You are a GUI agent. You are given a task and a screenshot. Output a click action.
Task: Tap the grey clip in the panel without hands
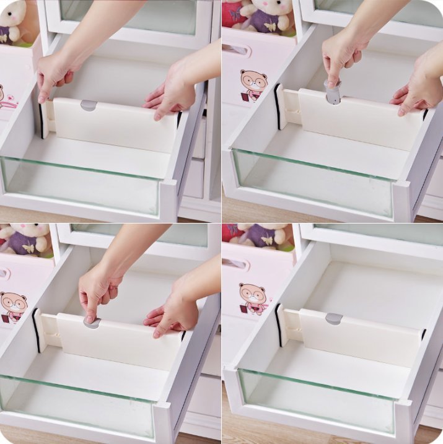pos(334,318)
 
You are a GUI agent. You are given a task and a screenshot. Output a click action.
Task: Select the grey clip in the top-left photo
pos(89,105)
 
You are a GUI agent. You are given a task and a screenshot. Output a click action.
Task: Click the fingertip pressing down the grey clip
pos(90,318)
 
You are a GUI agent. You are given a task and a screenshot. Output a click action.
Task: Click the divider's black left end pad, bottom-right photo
pos(278,325)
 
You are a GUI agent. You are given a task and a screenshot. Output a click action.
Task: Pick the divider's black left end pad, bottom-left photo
pos(36,330)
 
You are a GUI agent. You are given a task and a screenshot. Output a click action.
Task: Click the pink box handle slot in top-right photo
pos(235,50)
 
